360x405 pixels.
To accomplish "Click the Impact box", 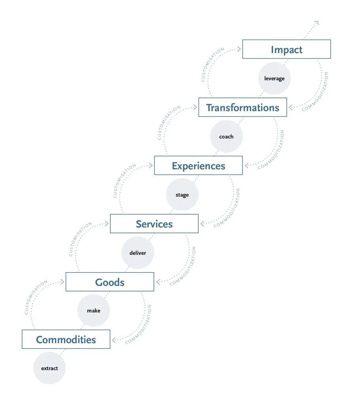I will coord(286,49).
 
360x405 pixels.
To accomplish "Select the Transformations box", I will coord(243,108).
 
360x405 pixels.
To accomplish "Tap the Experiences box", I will coord(198,166).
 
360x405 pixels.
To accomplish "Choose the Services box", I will coord(154,224).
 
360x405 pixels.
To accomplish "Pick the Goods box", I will coord(110,282).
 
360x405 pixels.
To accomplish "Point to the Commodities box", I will coord(66,340).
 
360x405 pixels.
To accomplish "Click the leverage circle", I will coord(274,78).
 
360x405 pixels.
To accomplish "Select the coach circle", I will coord(226,136).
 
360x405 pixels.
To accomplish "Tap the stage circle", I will coord(182,195).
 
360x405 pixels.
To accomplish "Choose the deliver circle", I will coord(137,253).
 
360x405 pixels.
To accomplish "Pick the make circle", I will coord(93,310).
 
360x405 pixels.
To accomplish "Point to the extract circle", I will coord(49,368).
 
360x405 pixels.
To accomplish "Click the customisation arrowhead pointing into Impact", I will coord(239,49).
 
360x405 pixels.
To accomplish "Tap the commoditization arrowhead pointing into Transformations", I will coord(291,107).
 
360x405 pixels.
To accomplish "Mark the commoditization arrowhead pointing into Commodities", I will coord(115,339).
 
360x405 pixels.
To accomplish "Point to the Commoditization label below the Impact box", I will coord(315,92).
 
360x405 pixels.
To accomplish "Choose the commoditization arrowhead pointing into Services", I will coord(203,223).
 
